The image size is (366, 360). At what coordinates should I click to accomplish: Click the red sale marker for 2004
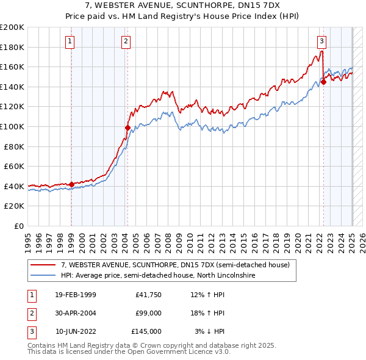127,128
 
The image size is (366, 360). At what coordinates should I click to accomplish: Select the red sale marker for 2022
323,82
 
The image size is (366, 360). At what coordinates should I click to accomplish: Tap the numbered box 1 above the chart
70,41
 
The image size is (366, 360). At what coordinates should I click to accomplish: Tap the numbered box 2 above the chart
126,41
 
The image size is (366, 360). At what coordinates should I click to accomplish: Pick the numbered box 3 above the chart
321,41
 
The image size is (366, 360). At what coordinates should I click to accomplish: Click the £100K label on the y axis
12,126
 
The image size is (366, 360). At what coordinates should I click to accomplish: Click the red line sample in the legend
43,265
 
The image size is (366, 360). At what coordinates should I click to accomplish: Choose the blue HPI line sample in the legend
43,275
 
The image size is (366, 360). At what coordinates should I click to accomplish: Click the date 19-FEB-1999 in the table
76,295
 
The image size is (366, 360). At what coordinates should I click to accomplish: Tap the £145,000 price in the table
146,331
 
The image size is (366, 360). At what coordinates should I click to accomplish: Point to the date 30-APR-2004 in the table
76,313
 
